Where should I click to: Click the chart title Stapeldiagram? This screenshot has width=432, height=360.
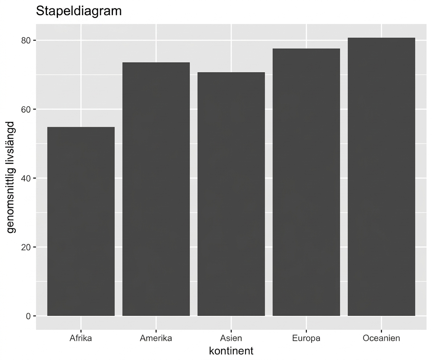click(x=79, y=11)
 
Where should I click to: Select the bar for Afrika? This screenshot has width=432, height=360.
click(x=81, y=221)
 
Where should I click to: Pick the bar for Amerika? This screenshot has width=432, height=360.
click(x=156, y=189)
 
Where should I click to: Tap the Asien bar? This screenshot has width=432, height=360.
click(x=231, y=194)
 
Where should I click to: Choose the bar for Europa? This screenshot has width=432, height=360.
click(x=307, y=182)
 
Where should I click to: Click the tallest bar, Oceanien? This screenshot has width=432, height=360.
click(x=381, y=177)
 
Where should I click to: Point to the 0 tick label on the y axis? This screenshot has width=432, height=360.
click(x=28, y=316)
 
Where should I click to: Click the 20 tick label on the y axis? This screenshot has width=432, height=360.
click(x=26, y=247)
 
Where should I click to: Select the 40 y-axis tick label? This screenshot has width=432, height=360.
click(x=26, y=178)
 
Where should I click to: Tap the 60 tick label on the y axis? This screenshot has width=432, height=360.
click(x=26, y=109)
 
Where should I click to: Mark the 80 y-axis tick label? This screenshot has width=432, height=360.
click(x=26, y=40)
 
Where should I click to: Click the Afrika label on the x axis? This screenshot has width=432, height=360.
click(x=81, y=338)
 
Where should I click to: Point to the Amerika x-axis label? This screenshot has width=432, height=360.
click(x=156, y=338)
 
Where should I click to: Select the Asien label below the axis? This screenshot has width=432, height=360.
click(x=231, y=338)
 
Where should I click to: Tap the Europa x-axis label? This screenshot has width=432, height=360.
click(x=307, y=339)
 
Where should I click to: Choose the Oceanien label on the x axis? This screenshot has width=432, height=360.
click(x=381, y=338)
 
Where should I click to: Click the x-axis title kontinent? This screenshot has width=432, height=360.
click(x=231, y=351)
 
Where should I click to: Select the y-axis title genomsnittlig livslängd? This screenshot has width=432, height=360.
click(x=11, y=177)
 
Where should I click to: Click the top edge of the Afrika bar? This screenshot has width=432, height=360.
click(x=81, y=127)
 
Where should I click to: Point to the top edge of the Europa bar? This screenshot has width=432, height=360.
click(x=307, y=49)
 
